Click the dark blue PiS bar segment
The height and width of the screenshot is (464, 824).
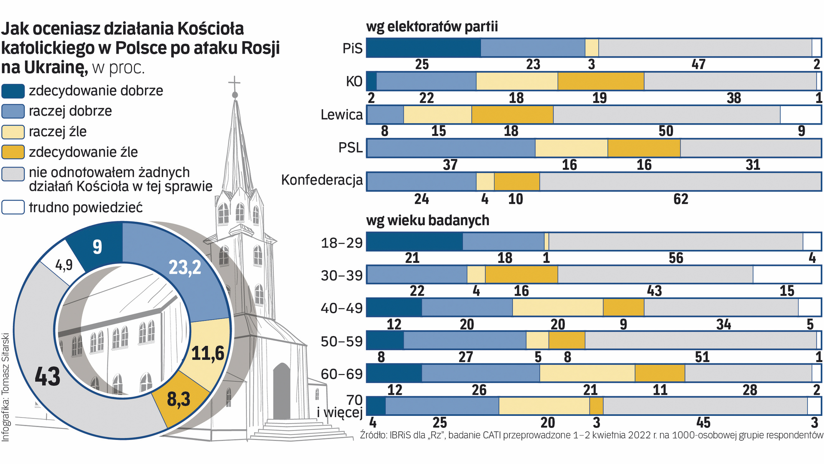point(423,48)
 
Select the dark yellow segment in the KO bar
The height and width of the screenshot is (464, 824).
point(601,81)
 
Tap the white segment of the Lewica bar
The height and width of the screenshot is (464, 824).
point(800,115)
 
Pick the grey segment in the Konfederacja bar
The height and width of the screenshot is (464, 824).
point(680,181)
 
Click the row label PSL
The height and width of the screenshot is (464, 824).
point(350,148)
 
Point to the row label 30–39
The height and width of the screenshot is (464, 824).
point(342,275)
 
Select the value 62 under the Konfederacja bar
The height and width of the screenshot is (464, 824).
point(681,199)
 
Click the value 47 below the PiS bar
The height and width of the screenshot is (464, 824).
point(698,64)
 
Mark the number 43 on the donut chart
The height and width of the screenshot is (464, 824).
point(47,377)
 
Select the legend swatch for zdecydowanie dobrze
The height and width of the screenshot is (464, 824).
point(13,91)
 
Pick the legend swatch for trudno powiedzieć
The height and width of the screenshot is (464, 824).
point(13,208)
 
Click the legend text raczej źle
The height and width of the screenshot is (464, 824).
point(58,131)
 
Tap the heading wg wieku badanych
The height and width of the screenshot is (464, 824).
point(427,220)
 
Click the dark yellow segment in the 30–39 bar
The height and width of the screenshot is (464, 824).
point(521,275)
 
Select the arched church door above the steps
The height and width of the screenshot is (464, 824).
point(282,391)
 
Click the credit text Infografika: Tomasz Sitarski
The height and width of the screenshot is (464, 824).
point(6,387)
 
